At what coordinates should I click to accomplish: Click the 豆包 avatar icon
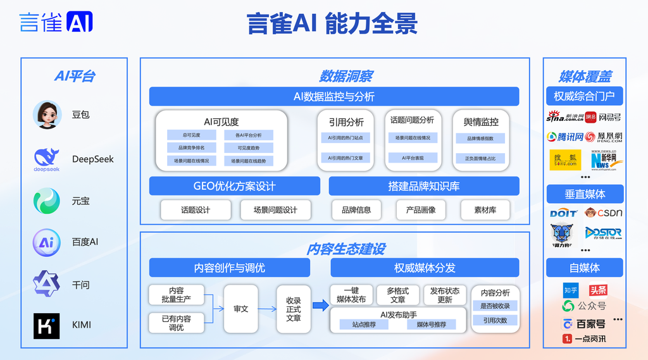tap(47, 115)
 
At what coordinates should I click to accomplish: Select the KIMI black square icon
tap(47, 325)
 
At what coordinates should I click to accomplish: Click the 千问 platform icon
tap(47, 284)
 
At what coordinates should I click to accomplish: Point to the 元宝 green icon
tap(47, 201)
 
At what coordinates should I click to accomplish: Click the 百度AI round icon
tap(47, 242)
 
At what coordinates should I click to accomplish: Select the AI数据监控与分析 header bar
tap(334, 97)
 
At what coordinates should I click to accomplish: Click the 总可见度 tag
tap(191, 135)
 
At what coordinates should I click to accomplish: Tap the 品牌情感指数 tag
tap(480, 139)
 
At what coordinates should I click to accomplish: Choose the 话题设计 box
tap(196, 210)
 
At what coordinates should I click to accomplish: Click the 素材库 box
tap(485, 210)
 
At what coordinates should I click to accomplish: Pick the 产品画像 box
tap(421, 210)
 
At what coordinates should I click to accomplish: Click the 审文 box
tap(241, 309)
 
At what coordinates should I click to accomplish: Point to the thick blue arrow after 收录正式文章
tap(320, 306)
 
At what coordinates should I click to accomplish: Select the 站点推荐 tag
tap(364, 325)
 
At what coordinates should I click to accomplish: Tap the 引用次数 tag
tap(495, 321)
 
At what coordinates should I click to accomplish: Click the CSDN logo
tap(604, 213)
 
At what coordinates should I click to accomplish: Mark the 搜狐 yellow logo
tap(564, 159)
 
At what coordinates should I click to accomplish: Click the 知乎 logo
tap(571, 290)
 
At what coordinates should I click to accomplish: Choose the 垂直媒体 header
tap(585, 194)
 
